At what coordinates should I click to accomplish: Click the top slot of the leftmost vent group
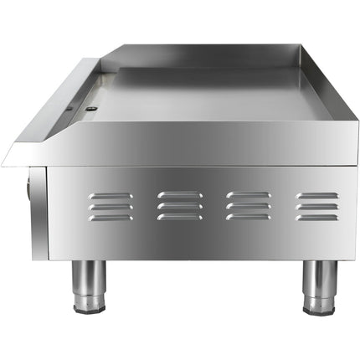(x=111, y=196)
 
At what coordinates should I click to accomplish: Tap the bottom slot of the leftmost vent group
(x=111, y=218)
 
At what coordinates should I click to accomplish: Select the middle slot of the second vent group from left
(x=179, y=207)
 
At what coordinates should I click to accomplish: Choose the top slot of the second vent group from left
(x=179, y=196)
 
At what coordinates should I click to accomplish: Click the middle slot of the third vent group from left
(x=248, y=207)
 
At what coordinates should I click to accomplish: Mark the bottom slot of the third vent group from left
(x=248, y=218)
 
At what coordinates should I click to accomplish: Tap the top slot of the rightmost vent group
(x=316, y=196)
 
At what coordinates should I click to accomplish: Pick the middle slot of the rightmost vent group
(x=316, y=207)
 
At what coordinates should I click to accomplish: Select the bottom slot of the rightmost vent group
(x=316, y=218)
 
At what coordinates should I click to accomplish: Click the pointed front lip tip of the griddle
(x=7, y=160)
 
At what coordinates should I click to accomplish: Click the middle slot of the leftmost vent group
(x=111, y=207)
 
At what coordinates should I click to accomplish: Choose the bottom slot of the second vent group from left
(x=179, y=218)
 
